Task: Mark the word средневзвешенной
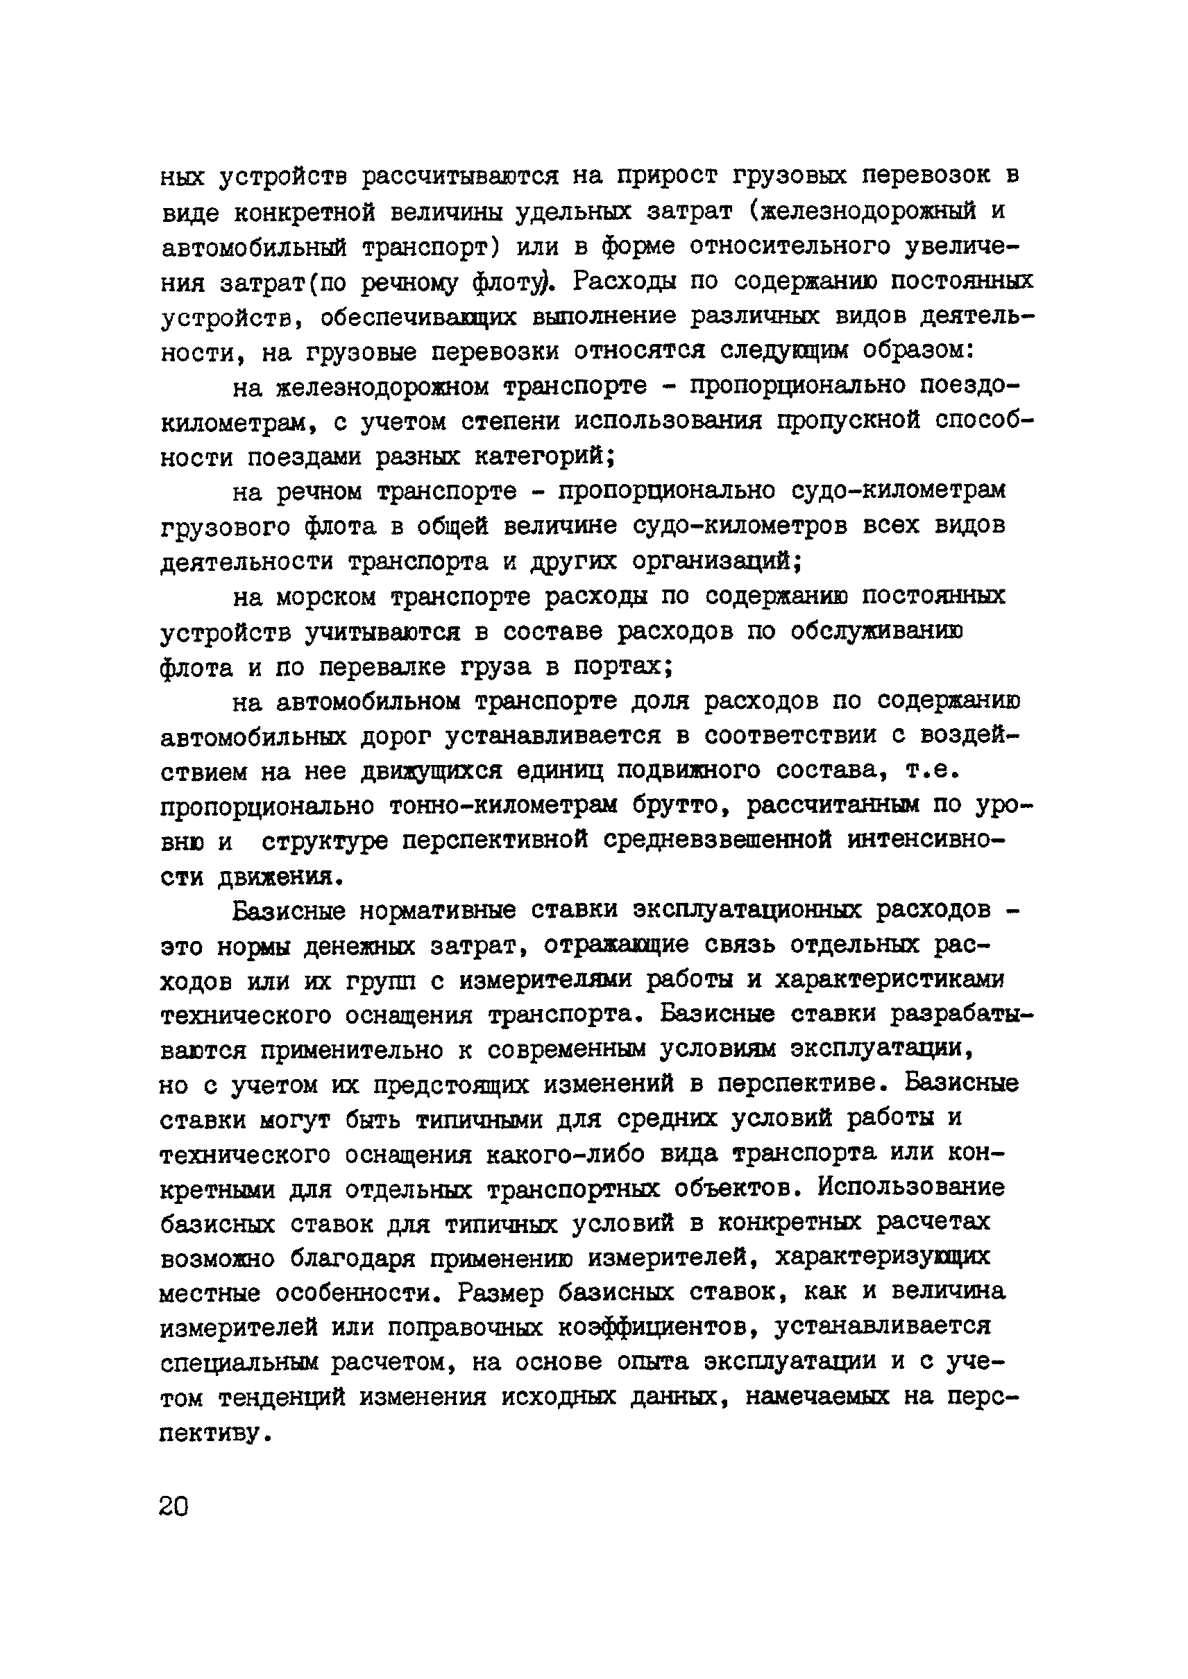718,841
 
